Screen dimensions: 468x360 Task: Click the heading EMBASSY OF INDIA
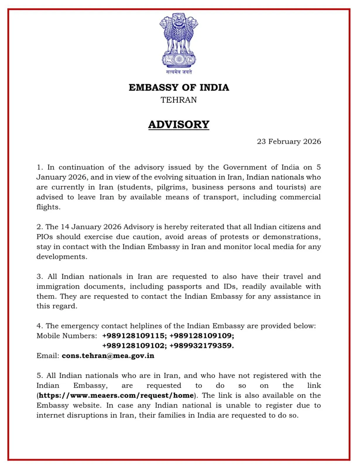[x=179, y=87]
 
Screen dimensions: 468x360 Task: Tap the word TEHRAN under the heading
[x=179, y=100]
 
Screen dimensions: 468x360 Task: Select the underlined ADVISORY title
[x=179, y=125]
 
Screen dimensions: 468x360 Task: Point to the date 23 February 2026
[x=289, y=142]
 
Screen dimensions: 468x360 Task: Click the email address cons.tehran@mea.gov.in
[x=108, y=356]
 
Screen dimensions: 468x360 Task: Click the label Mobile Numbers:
[x=66, y=336]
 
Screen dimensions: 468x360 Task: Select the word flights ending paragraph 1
[x=48, y=207]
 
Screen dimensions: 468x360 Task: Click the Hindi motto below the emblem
[x=179, y=72]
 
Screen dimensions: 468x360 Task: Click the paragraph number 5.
[x=39, y=376]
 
